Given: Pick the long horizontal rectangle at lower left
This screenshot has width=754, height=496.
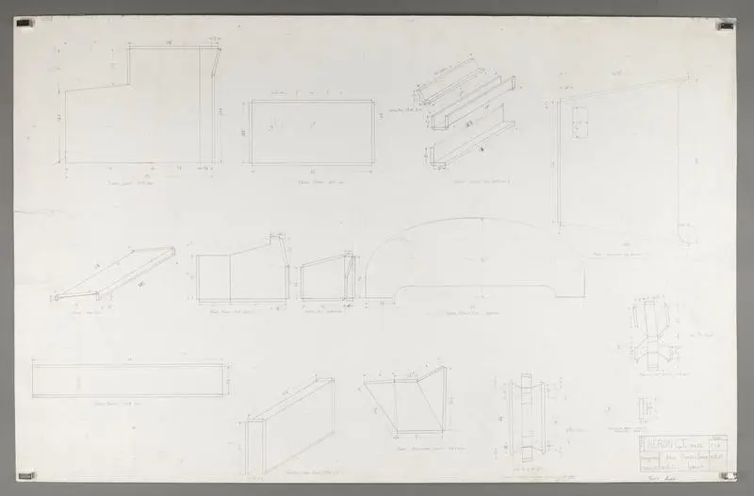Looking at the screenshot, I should pyautogui.click(x=129, y=380).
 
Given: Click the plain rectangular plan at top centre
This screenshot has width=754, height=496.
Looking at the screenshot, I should pyautogui.click(x=312, y=132).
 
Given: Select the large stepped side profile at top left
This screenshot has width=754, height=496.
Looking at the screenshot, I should pyautogui.click(x=141, y=108).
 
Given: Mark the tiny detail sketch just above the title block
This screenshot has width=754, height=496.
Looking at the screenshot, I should pyautogui.click(x=646, y=409).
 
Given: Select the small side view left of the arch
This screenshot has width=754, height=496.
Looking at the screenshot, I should pyautogui.click(x=327, y=277).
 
